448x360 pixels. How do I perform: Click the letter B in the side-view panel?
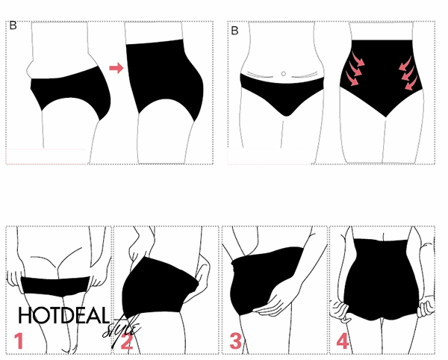13,25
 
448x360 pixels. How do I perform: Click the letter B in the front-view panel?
234,31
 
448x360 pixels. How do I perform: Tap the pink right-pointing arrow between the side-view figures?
116,68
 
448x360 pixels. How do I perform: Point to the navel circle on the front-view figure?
284,74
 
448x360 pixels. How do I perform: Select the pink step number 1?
19,341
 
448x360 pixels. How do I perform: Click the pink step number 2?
127,341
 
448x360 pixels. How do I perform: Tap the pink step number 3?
236,341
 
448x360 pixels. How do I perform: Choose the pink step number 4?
343,341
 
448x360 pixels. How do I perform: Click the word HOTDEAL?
64,315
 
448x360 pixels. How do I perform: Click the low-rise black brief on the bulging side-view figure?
71,91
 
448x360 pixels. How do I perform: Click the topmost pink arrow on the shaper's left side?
358,58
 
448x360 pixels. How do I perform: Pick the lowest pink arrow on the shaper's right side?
411,83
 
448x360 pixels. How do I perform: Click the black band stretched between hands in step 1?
55,286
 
